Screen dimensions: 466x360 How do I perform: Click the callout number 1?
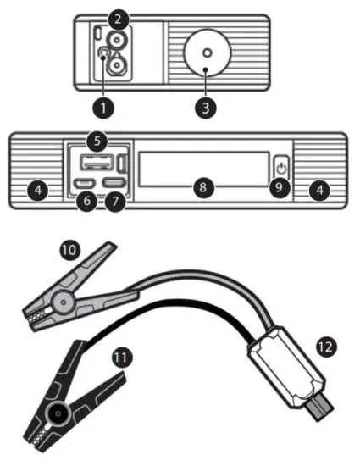point(103,108)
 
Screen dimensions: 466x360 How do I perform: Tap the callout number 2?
point(119,17)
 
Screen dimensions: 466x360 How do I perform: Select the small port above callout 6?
point(84,182)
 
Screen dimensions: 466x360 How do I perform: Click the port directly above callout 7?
point(115,182)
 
